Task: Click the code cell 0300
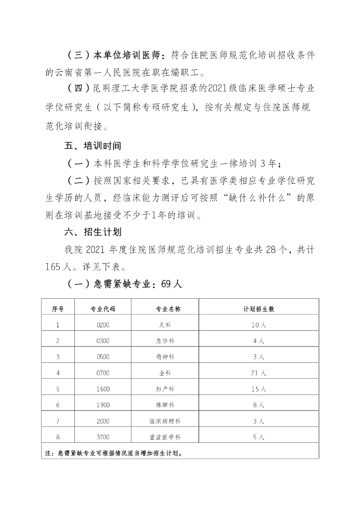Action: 103,341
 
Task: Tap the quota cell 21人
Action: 259,373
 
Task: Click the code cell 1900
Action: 103,405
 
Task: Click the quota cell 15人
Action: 259,389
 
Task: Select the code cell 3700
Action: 103,437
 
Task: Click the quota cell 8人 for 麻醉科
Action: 259,405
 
